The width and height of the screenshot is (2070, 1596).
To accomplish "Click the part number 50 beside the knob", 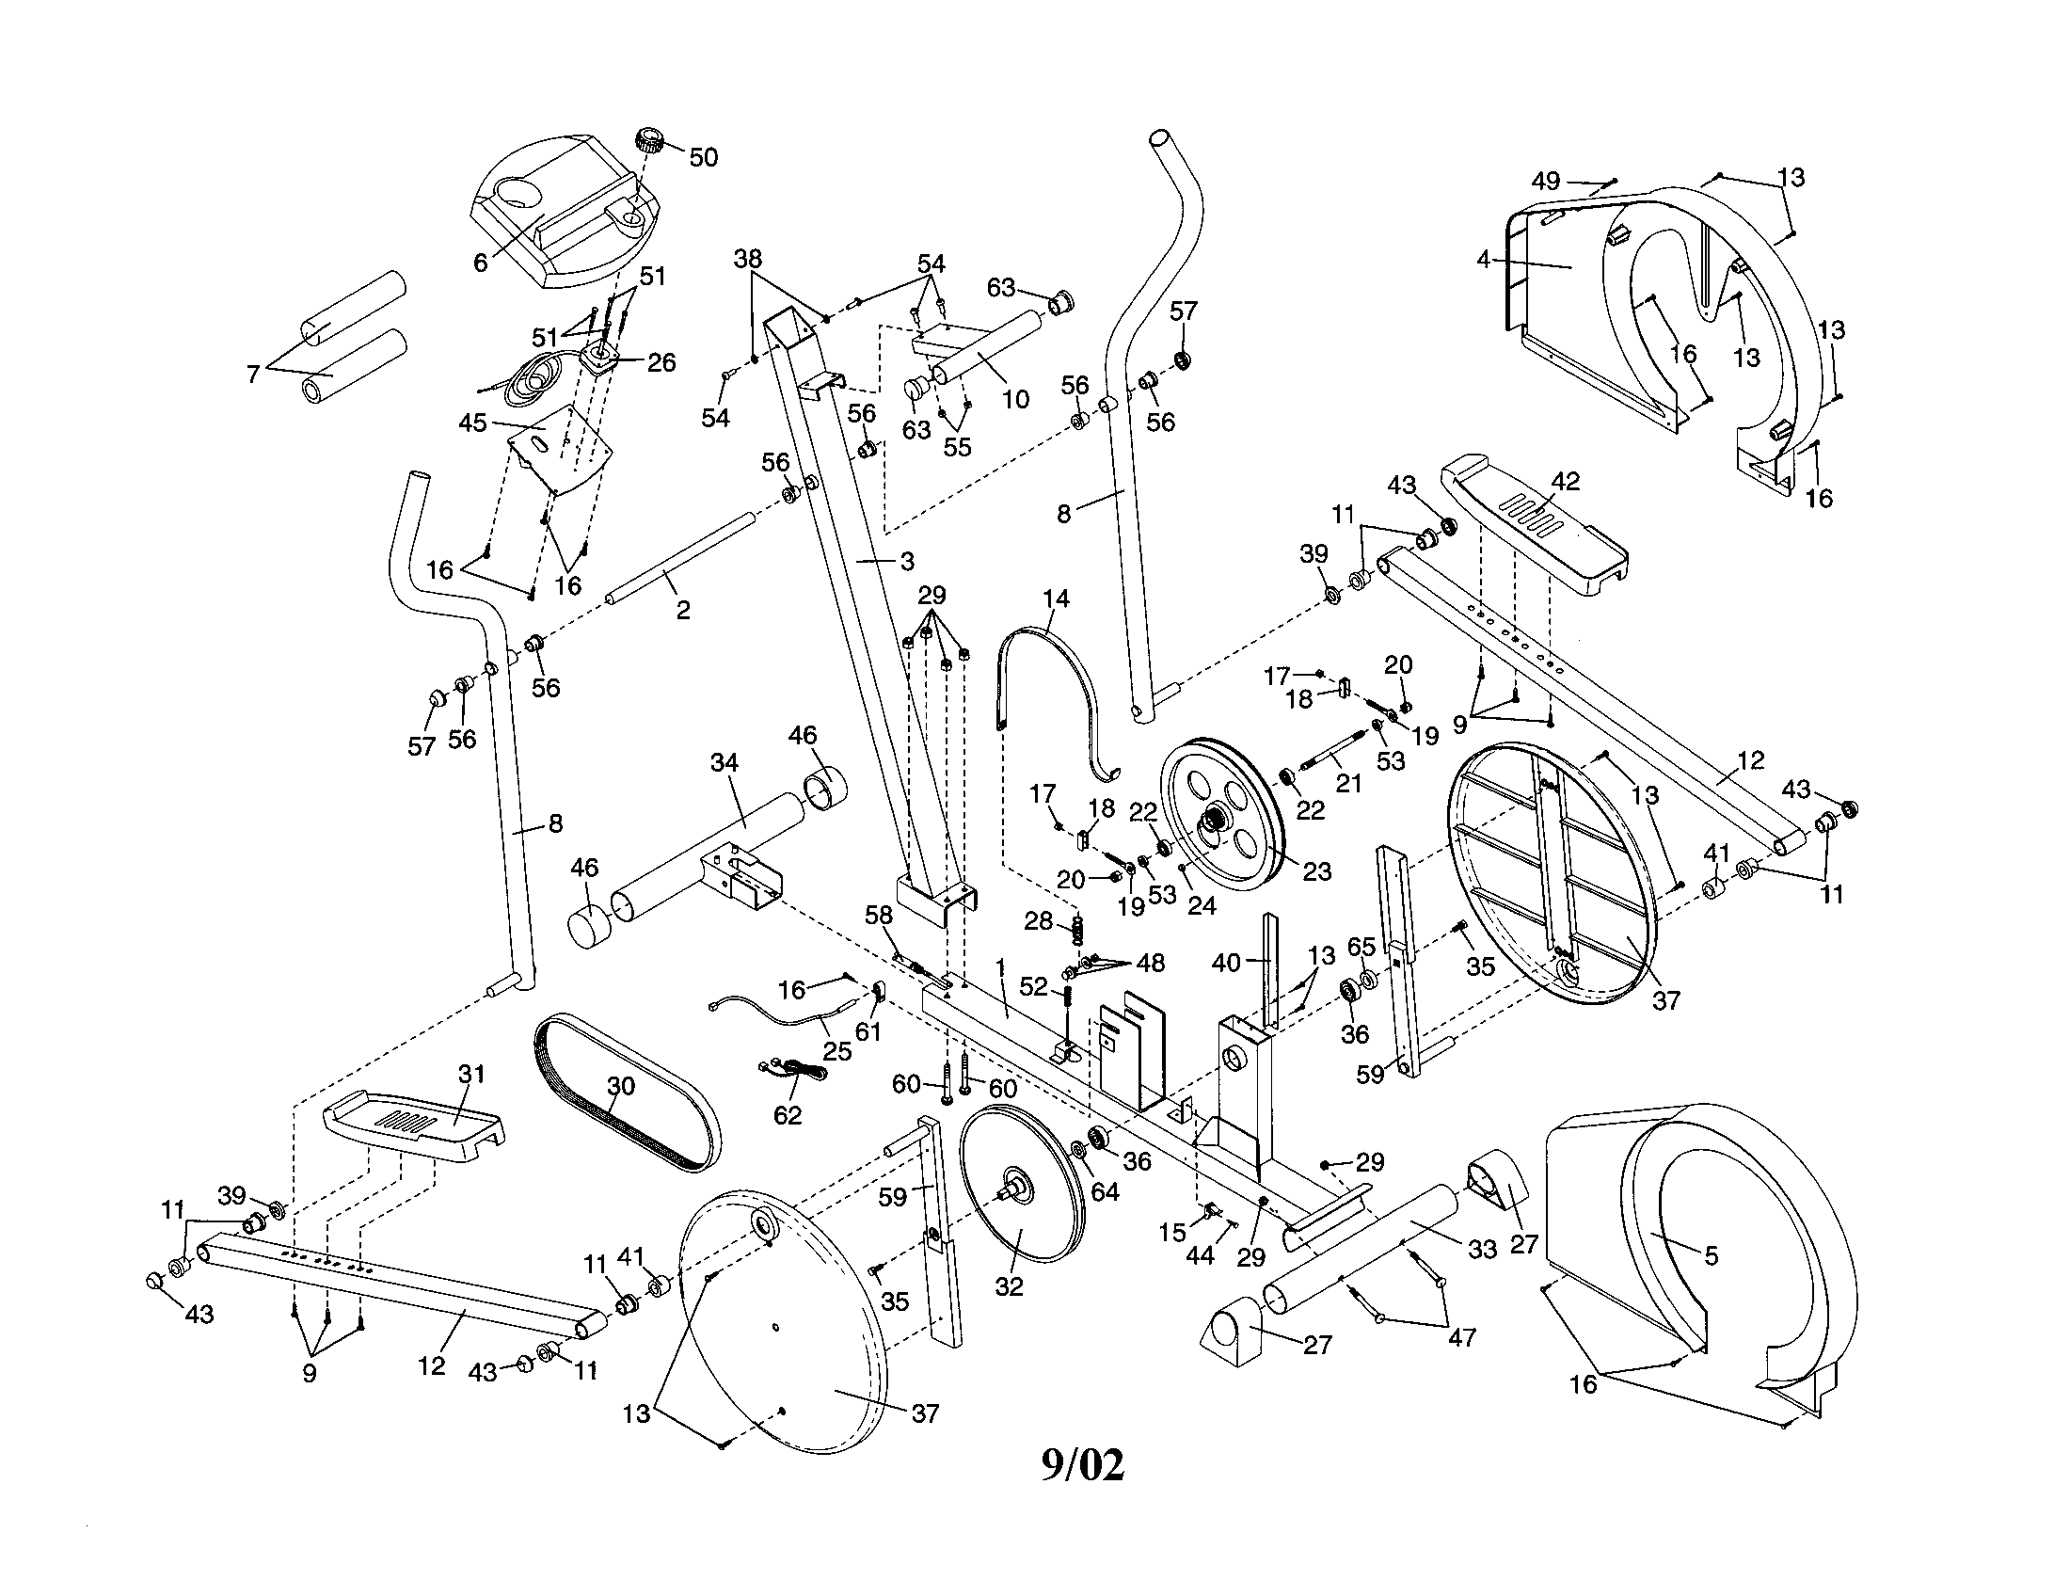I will (x=703, y=157).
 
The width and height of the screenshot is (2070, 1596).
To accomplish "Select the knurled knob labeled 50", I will (x=650, y=140).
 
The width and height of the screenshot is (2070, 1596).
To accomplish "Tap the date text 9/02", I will (x=1082, y=1465).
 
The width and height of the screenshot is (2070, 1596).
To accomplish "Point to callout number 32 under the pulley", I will (x=1010, y=1288).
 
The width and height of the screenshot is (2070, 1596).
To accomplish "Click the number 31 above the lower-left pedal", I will (x=471, y=1074).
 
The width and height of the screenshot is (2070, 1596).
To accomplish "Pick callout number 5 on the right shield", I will (x=1711, y=1255).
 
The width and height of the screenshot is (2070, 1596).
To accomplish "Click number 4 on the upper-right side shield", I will (x=1484, y=258).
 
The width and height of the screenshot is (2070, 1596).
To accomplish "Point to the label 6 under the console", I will (x=481, y=263).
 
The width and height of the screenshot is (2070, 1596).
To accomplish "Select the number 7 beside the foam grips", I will (x=252, y=375).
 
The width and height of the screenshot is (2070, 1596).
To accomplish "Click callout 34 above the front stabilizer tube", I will (x=724, y=762).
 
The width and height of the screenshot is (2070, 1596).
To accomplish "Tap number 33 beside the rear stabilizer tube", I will (x=1481, y=1249).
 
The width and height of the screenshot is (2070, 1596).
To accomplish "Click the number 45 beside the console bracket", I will (x=472, y=423).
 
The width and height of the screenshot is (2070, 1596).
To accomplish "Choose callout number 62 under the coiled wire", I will (x=787, y=1115).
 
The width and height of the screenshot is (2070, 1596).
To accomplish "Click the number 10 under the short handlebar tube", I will (x=1015, y=399).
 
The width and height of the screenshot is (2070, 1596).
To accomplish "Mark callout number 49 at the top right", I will (x=1546, y=181).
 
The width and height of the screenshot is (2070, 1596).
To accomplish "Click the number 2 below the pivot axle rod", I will (x=683, y=611).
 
